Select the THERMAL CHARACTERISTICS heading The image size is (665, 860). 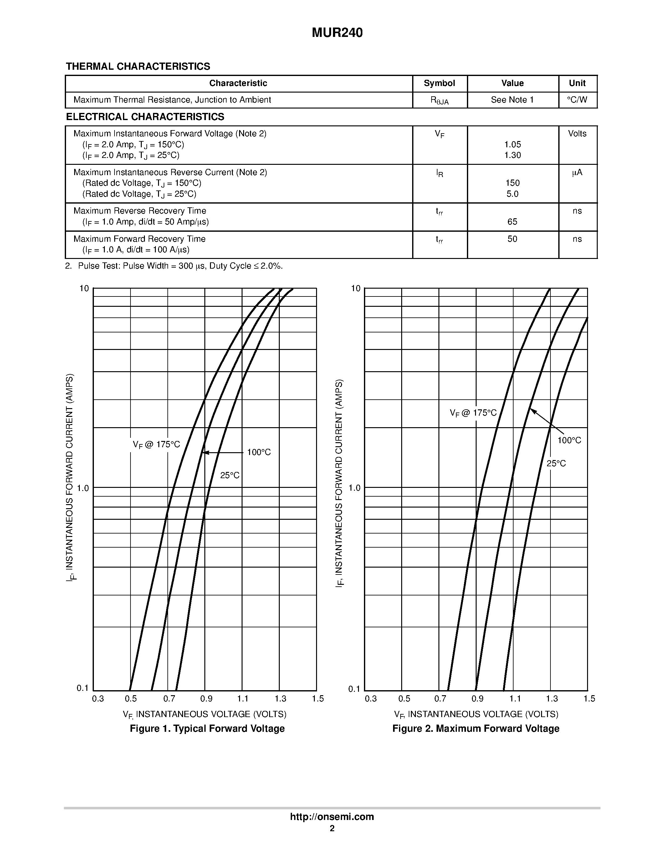138,67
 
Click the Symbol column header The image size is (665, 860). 439,83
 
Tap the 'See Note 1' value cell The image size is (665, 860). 512,100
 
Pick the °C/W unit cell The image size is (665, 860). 577,100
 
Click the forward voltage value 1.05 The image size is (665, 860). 512,144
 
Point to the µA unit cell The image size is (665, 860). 577,173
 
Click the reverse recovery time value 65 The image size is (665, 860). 512,222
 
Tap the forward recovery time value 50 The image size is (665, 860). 512,239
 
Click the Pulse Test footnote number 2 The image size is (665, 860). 68,266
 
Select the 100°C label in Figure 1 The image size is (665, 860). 259,453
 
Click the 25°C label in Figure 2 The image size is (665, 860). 556,464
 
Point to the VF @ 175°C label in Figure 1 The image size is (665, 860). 156,445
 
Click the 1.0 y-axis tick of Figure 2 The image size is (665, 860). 355,488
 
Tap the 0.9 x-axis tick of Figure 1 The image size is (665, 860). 206,699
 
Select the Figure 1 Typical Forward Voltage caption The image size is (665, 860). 207,728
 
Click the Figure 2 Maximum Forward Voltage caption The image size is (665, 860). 475,728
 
